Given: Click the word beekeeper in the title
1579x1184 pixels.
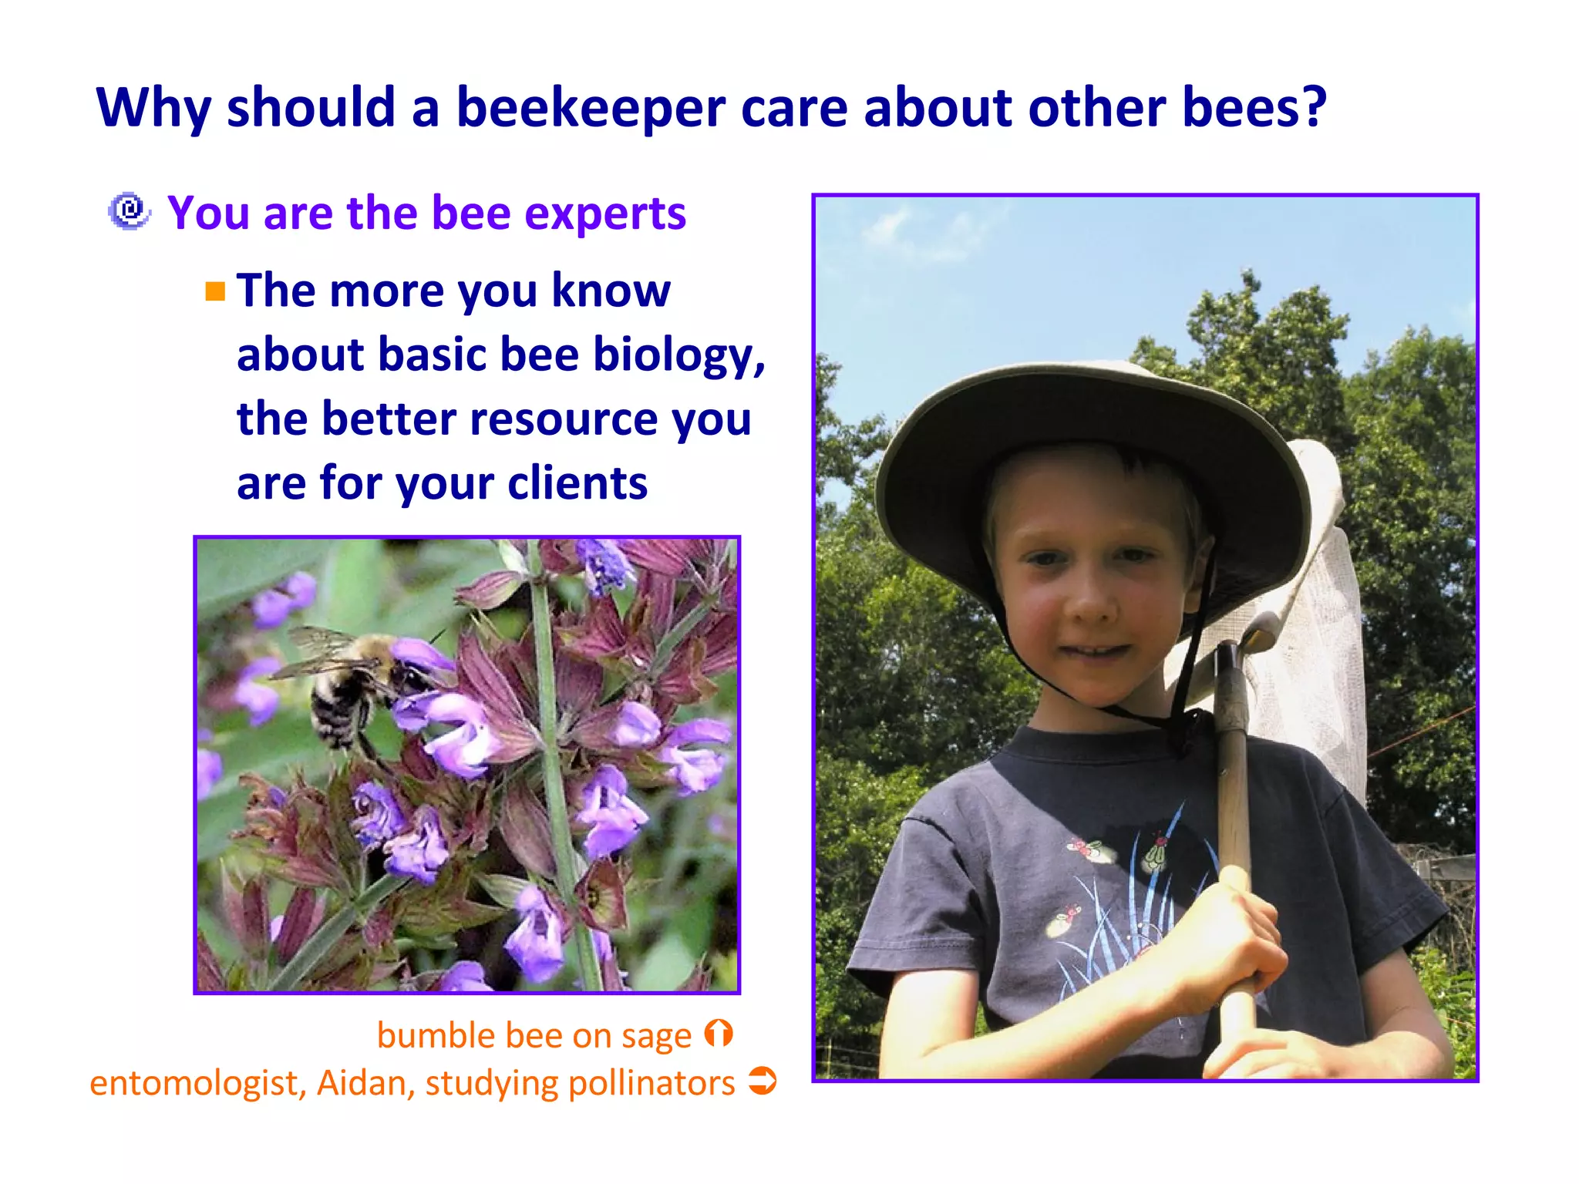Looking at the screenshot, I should pos(591,108).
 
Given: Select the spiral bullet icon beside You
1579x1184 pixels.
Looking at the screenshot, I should pos(129,211).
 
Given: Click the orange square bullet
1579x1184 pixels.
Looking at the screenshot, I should pos(215,291).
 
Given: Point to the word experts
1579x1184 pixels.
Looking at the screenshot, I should pos(605,214).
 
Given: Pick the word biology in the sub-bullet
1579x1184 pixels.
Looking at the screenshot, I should pos(678,355).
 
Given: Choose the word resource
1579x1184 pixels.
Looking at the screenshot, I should pos(563,419).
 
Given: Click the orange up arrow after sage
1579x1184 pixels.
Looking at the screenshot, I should pos(719,1034).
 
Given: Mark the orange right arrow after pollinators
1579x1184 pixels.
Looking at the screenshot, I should pos(763,1081).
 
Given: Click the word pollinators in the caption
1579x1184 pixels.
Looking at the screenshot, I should pos(651,1083).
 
